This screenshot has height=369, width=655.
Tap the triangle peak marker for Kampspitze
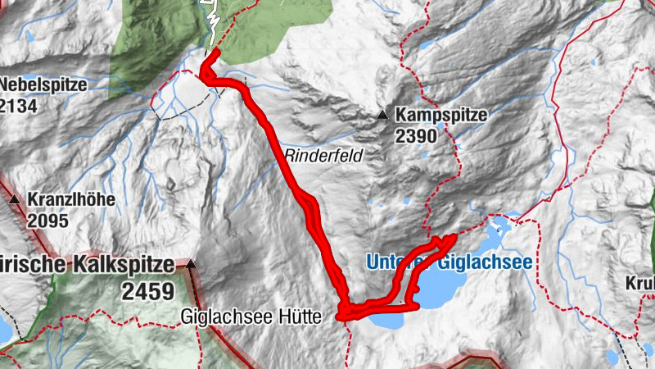[382, 116]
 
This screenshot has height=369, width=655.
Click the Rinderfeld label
[323, 155]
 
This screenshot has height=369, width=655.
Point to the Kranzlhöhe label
[71, 200]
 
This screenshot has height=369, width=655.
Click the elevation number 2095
[47, 221]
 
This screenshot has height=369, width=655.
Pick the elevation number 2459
[149, 290]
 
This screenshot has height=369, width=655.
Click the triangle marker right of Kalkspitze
[191, 264]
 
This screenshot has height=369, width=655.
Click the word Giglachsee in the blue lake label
[483, 262]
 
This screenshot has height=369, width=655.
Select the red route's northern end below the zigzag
[217, 53]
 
